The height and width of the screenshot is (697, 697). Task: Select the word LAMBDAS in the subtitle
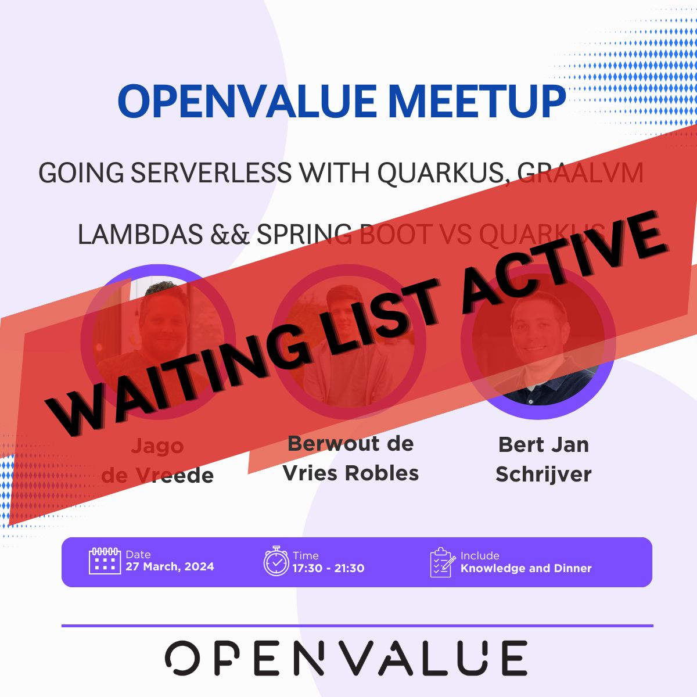140,234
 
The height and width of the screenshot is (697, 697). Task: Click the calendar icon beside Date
105,561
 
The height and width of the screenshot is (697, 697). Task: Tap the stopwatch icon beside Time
276,561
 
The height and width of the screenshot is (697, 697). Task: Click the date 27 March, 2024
170,567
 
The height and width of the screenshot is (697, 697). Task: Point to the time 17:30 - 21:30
328,569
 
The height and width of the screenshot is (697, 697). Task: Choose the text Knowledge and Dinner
526,569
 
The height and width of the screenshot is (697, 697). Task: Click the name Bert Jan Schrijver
543,459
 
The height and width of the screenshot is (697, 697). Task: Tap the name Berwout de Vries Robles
350,458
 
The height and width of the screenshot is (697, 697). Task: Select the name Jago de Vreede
157,461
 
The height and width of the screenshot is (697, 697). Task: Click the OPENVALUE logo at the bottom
346,659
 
